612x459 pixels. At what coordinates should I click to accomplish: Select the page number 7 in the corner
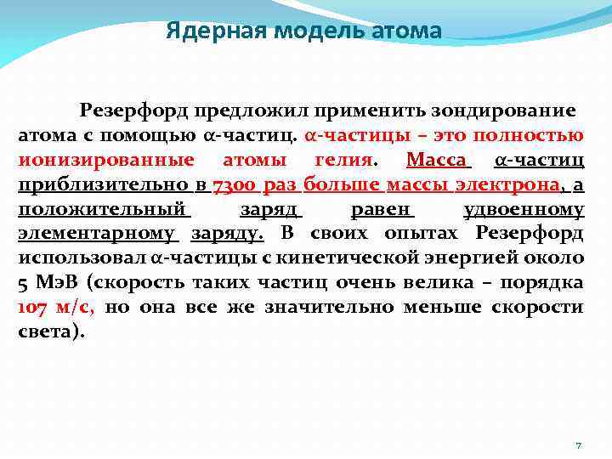coord(578,445)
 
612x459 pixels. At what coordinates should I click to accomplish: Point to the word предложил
coord(251,110)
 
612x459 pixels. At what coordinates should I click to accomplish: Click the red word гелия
coord(340,160)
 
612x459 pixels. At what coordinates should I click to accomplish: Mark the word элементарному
coord(97,234)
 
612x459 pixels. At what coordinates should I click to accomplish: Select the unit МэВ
coord(59,282)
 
